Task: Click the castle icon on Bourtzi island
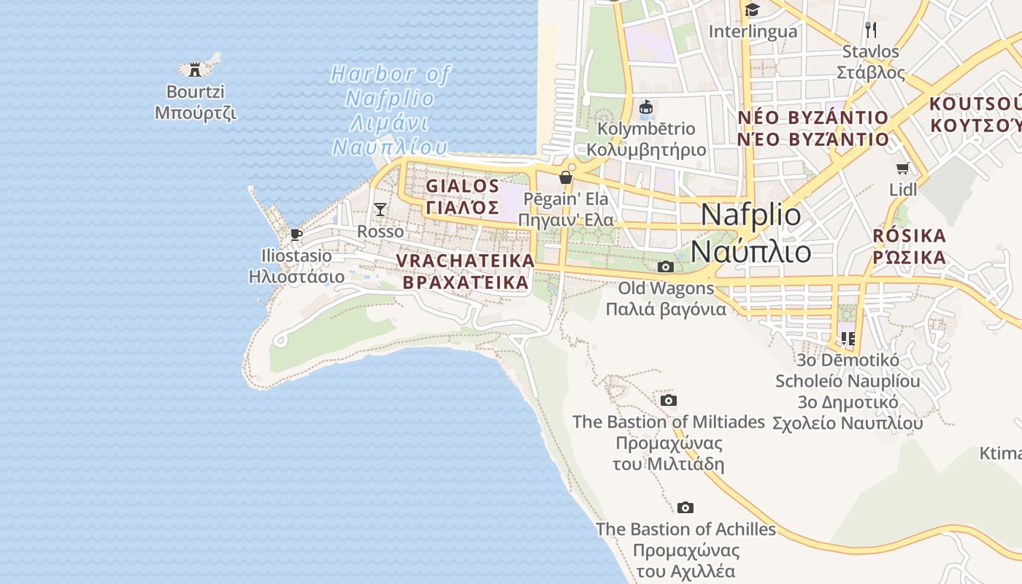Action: pos(195,69)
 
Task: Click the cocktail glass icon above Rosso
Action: pos(380,210)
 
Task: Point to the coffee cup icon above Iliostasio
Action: pos(296,234)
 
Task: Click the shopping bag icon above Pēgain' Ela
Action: pos(565,177)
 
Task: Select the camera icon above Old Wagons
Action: pos(665,267)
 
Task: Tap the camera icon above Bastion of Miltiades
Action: pos(668,401)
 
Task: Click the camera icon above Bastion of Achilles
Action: pos(685,508)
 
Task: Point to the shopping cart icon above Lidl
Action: pos(903,169)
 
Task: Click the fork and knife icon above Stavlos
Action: pos(870,29)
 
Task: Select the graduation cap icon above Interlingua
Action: pos(752,10)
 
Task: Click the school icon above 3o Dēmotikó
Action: pos(848,339)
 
